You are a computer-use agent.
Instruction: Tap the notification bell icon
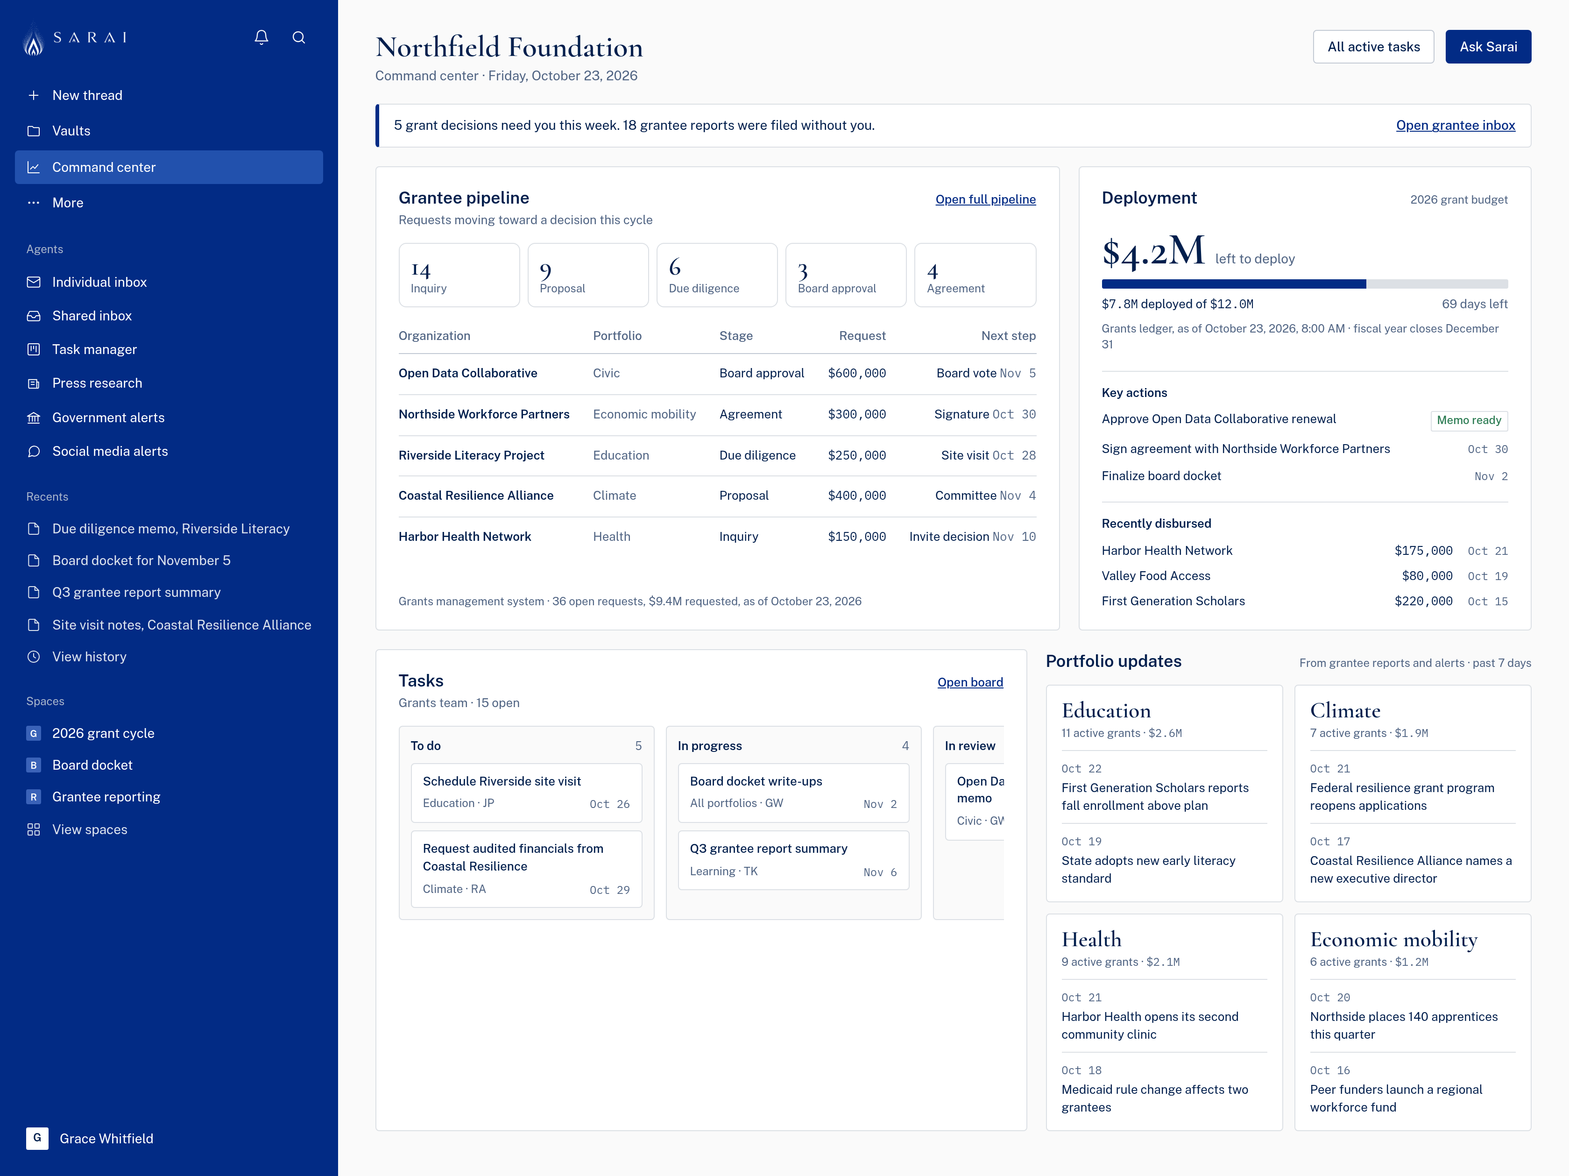click(x=261, y=37)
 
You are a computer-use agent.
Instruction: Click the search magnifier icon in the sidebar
click(x=298, y=37)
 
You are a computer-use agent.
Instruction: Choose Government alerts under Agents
click(x=108, y=418)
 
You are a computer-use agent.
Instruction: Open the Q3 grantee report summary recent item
click(x=136, y=592)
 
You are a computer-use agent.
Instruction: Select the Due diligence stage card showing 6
click(x=716, y=275)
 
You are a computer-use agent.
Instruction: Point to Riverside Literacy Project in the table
click(x=471, y=455)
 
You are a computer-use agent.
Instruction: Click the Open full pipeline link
click(x=985, y=199)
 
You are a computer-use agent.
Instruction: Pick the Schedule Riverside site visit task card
click(x=526, y=792)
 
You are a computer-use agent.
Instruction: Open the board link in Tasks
click(x=969, y=682)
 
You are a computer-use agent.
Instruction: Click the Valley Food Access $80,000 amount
click(x=1427, y=576)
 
